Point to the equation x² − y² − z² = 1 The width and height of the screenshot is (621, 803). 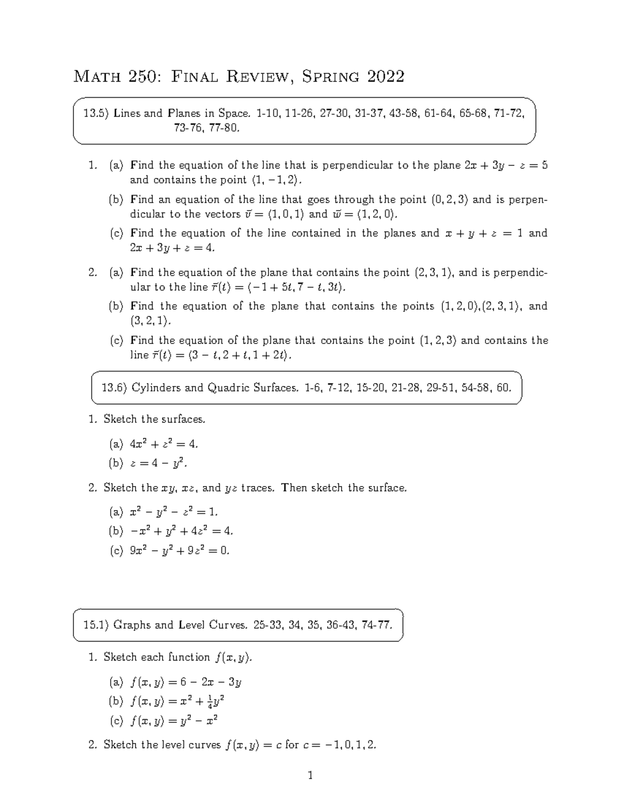pyautogui.click(x=174, y=512)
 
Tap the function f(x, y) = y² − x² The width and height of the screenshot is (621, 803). pyautogui.click(x=174, y=720)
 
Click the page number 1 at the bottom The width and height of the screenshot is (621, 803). pyautogui.click(x=310, y=775)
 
